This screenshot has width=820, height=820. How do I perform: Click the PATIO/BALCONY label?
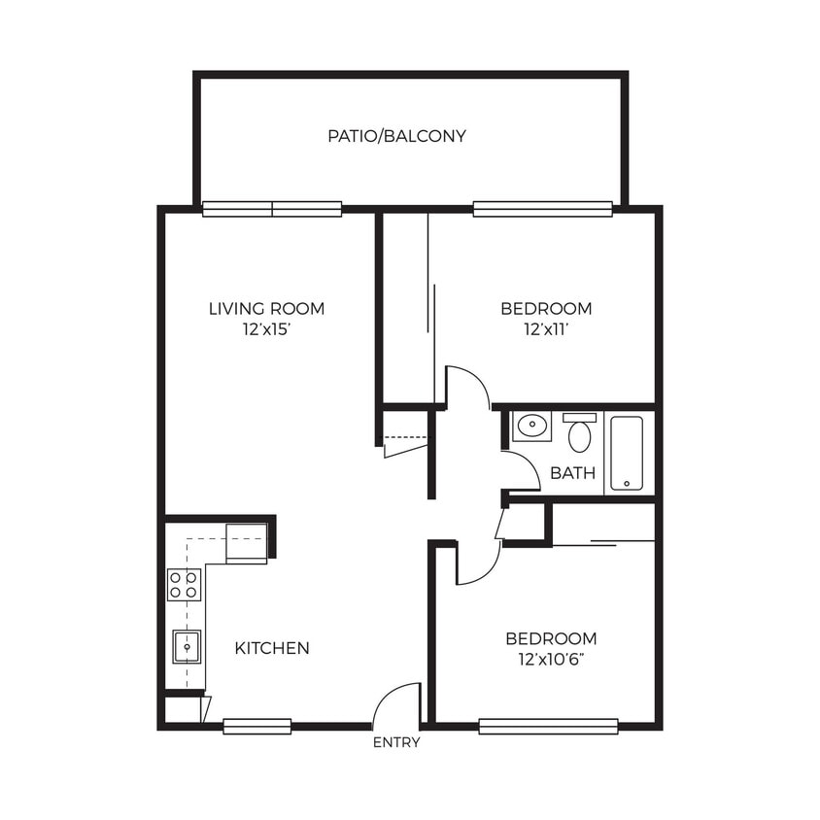pos(396,136)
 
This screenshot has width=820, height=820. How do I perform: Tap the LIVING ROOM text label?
pos(266,309)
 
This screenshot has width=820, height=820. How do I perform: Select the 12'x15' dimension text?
pos(266,329)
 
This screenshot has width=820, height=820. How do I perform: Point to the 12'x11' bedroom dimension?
pos(545,329)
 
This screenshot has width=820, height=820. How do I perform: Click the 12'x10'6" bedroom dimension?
pos(550,660)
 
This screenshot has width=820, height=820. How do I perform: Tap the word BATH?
pos(566,473)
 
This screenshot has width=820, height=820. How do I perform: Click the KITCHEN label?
pos(272,648)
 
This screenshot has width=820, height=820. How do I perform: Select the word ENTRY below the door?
pos(396,743)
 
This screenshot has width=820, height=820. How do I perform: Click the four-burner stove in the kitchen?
pos(184,584)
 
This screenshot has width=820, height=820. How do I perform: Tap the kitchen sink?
pos(186,646)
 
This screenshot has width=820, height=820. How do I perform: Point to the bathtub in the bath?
pos(627,453)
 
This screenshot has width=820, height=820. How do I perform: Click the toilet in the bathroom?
pos(579,433)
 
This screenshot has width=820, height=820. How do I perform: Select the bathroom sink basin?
pos(531,427)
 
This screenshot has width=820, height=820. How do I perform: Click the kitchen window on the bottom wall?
pos(256,726)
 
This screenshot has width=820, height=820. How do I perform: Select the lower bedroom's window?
pos(548,726)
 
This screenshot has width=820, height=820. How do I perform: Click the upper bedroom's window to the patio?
pos(542,208)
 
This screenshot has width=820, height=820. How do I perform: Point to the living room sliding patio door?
pos(272,208)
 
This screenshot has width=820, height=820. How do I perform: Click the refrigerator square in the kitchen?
pos(246,542)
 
